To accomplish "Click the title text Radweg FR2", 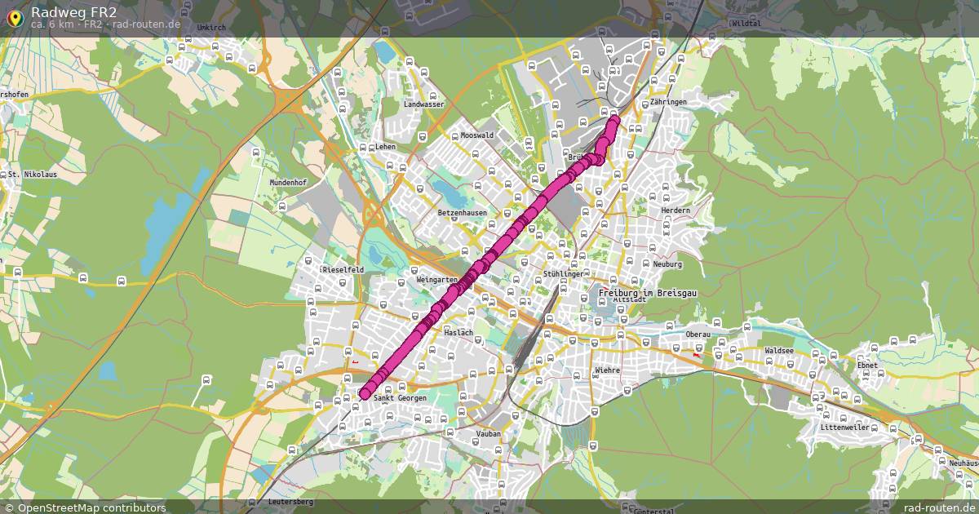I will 73,11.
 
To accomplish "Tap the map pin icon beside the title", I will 14,18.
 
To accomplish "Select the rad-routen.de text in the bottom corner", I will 935,507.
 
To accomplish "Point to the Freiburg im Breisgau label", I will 646,292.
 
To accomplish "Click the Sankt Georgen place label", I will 400,398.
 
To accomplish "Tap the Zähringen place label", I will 668,102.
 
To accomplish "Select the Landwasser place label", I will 423,104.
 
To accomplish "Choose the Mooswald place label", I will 477,135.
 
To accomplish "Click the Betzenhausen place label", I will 462,213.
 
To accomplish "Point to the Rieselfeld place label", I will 343,269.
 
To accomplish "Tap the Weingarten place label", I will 436,279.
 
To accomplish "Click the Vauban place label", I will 488,434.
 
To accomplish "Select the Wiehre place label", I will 608,370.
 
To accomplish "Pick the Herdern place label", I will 676,210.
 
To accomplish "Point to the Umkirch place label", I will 211,27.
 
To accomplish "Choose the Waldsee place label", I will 779,350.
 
